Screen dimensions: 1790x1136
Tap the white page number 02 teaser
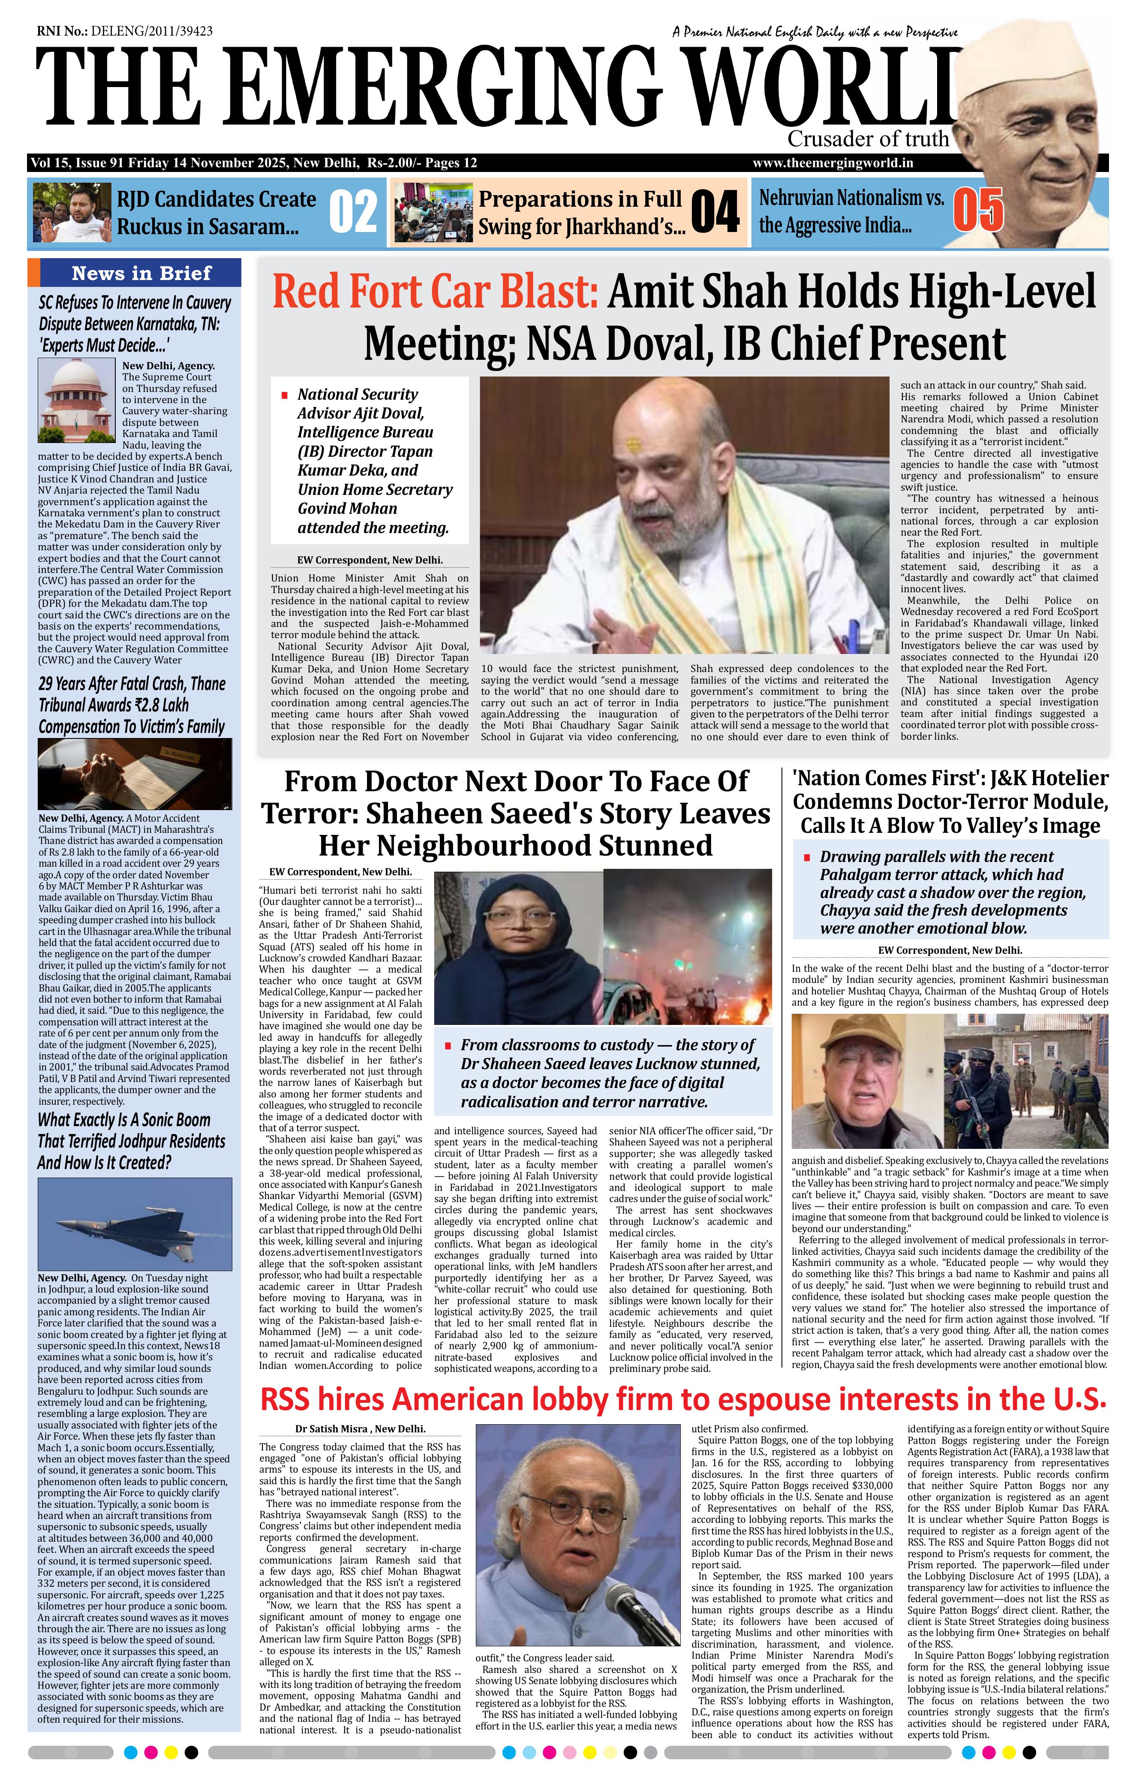point(352,212)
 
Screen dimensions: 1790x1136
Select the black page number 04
point(715,212)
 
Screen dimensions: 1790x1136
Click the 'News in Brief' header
point(141,273)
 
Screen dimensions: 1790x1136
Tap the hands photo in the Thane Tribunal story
point(134,774)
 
